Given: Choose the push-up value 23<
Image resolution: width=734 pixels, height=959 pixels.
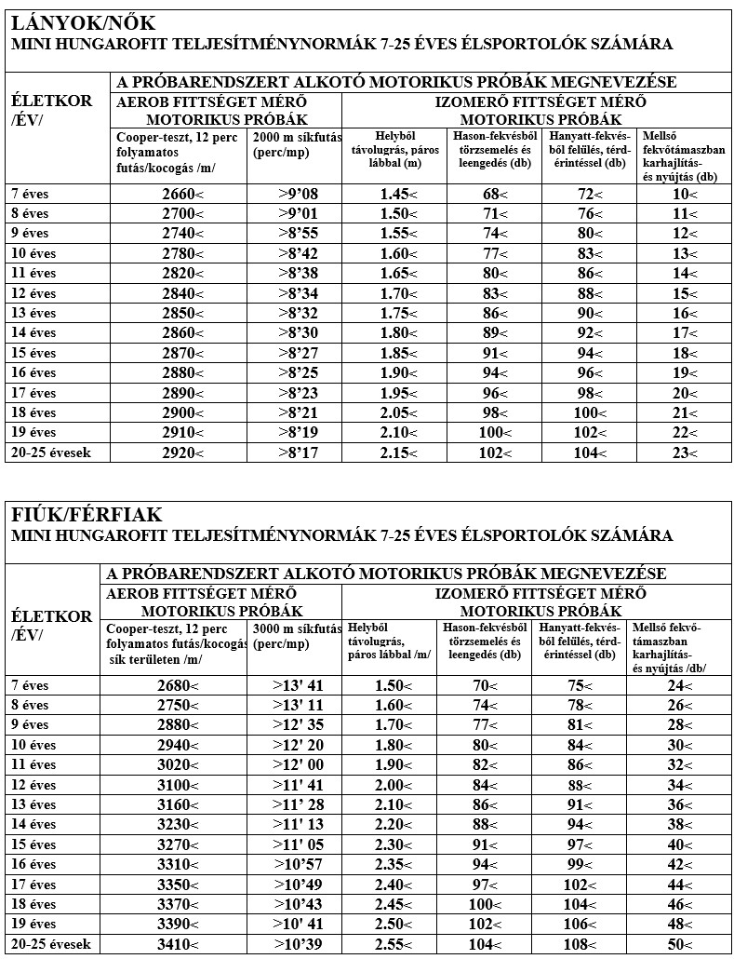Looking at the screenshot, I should pos(685,453).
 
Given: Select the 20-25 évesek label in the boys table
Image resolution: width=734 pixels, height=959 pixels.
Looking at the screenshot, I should pos(51,944).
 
